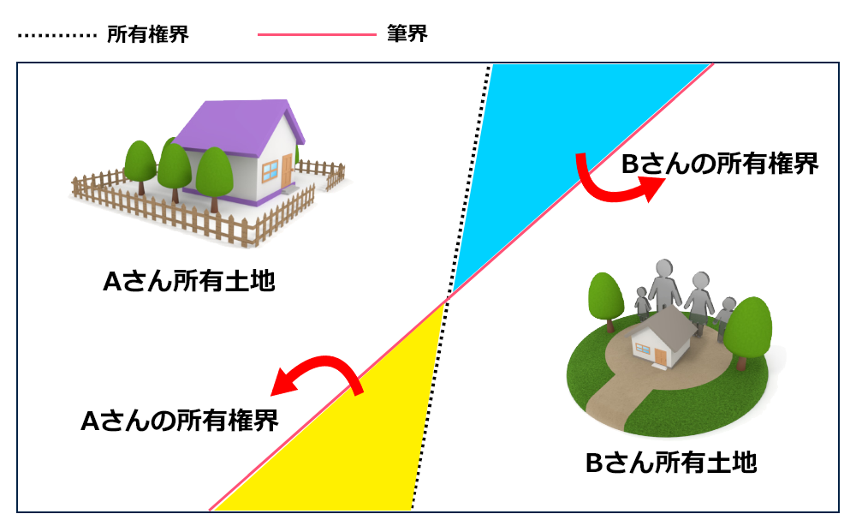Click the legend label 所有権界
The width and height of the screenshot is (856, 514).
click(x=147, y=35)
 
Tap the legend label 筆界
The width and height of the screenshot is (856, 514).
click(x=407, y=35)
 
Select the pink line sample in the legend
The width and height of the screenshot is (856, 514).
click(x=316, y=36)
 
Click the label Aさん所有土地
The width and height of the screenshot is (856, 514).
click(x=189, y=282)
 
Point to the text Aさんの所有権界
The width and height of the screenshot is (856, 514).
click(x=179, y=421)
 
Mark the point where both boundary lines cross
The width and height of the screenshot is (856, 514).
click(x=446, y=298)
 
